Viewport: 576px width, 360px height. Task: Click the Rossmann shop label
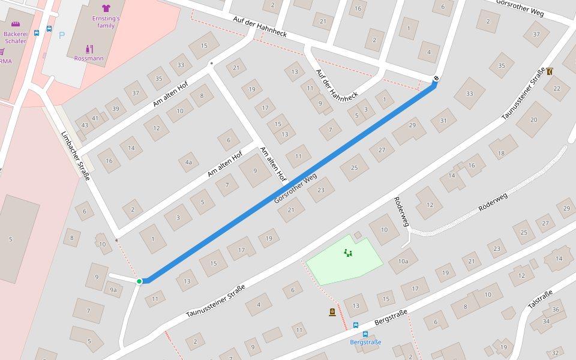click(89, 58)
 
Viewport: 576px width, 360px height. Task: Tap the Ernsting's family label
click(106, 22)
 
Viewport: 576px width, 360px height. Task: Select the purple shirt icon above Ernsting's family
click(106, 8)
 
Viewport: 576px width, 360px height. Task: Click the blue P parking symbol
click(61, 35)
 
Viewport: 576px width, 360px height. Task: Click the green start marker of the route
click(139, 281)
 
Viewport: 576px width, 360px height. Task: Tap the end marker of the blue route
click(436, 78)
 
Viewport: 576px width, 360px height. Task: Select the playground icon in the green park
click(348, 253)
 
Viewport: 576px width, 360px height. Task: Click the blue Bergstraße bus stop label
click(365, 342)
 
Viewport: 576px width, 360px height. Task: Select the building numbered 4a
click(188, 162)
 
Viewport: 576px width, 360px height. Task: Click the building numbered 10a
click(403, 261)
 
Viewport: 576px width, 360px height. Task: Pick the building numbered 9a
click(113, 290)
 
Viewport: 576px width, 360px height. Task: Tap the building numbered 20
click(534, 119)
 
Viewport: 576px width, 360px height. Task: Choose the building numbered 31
click(443, 121)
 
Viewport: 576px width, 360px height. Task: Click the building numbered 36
click(556, 310)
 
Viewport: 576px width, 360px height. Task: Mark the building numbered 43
click(85, 125)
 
